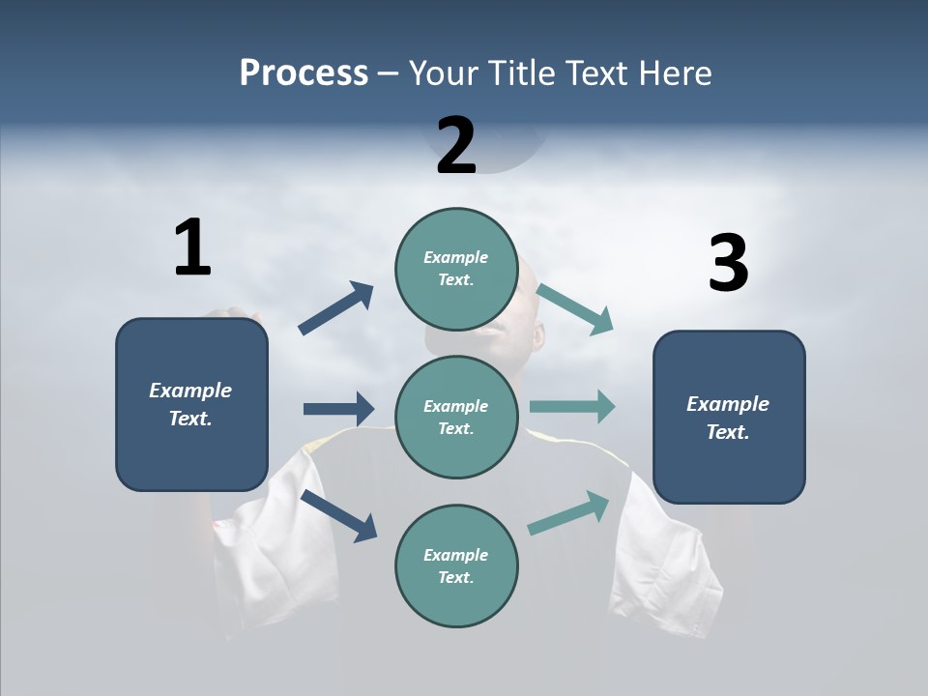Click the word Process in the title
(x=304, y=73)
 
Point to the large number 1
(x=192, y=247)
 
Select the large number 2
(x=456, y=146)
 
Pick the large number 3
(x=728, y=264)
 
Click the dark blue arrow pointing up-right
(x=336, y=308)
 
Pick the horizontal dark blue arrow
(x=338, y=409)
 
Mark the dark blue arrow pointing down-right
(x=338, y=514)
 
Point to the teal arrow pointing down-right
(x=575, y=308)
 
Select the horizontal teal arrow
(x=572, y=407)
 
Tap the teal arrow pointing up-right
(x=569, y=513)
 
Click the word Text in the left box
(x=190, y=419)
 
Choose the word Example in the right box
(x=728, y=404)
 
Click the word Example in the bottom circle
(x=455, y=555)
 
